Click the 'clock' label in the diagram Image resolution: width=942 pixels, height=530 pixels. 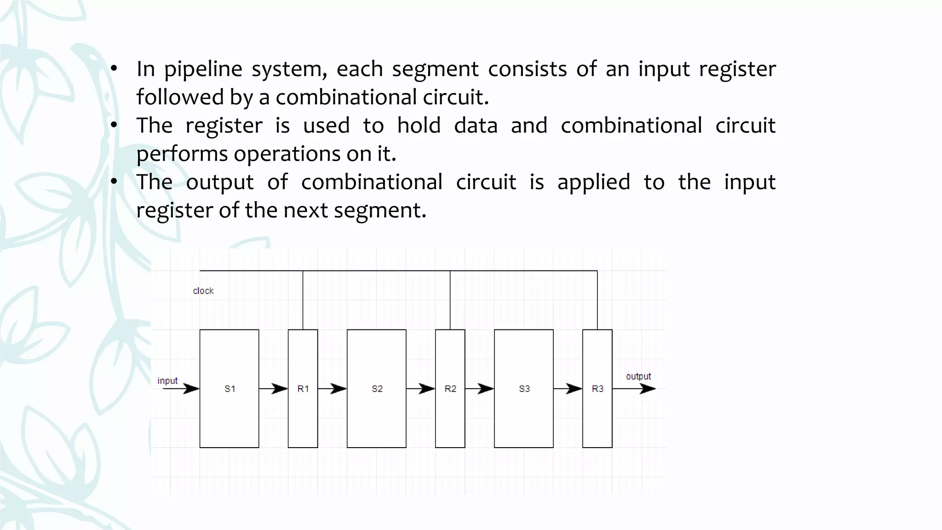(x=203, y=291)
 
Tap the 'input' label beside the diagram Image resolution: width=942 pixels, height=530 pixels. (x=167, y=381)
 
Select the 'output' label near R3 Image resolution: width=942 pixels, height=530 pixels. (x=638, y=376)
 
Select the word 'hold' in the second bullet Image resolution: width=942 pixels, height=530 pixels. (x=419, y=126)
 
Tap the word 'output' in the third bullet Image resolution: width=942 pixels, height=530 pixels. (x=219, y=183)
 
